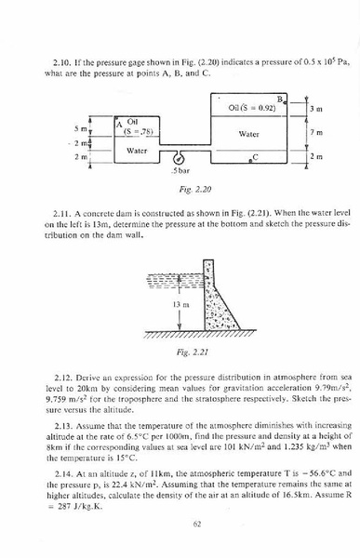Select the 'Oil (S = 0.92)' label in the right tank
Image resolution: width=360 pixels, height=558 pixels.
[251, 108]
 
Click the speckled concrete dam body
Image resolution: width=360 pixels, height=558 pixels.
[217, 312]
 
